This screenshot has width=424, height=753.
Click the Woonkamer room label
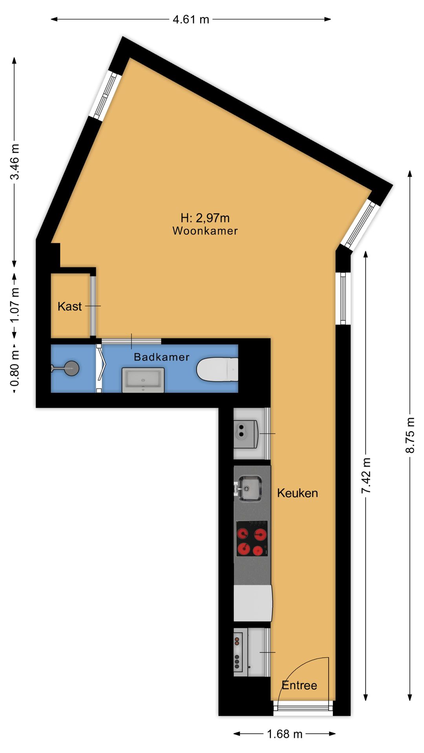[x=205, y=231]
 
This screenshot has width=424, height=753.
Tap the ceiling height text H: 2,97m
[x=205, y=218]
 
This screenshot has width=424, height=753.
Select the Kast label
[x=69, y=306]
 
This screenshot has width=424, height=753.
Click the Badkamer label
[x=161, y=357]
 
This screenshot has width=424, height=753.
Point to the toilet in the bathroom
[x=217, y=369]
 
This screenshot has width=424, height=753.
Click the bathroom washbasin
[x=143, y=380]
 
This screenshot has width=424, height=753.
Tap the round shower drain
[x=71, y=368]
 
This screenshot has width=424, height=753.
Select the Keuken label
[x=297, y=493]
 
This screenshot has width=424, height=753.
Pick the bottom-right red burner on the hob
[x=258, y=551]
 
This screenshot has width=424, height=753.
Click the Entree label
[x=299, y=685]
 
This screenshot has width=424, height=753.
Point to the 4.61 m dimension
[x=191, y=19]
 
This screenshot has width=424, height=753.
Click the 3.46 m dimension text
[x=15, y=162]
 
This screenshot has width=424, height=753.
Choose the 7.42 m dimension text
[x=366, y=476]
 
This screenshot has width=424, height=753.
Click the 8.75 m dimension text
[x=410, y=435]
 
